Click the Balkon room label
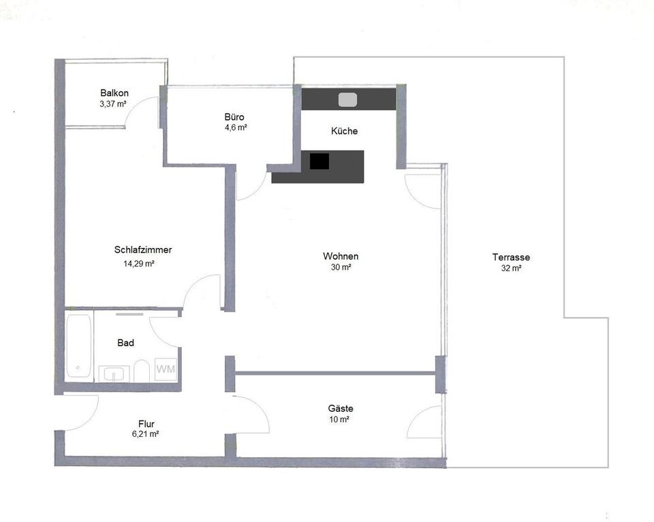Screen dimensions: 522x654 click(114, 93)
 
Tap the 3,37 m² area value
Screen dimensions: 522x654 click(113, 104)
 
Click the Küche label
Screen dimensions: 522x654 click(344, 131)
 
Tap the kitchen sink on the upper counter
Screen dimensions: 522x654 click(347, 99)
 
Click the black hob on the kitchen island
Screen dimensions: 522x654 click(319, 162)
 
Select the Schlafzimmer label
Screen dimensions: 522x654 click(143, 250)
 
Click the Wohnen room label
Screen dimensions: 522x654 click(341, 256)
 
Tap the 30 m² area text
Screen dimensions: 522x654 click(341, 268)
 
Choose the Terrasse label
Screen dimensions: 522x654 click(511, 258)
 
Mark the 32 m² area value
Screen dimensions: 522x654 click(511, 268)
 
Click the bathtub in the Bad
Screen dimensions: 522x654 click(79, 347)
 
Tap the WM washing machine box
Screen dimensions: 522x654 click(166, 370)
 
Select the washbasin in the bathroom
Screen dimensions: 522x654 click(113, 373)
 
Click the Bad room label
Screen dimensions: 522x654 click(125, 343)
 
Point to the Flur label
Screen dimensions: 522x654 click(146, 423)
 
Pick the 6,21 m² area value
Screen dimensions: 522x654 click(146, 434)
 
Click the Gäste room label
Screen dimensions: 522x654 click(341, 409)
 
